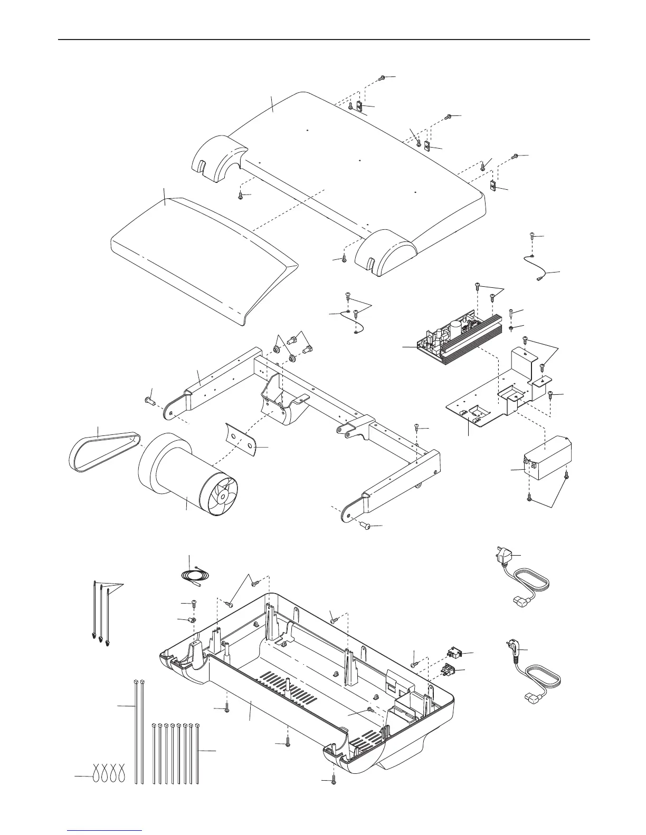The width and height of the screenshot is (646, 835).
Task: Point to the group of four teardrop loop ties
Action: (109, 772)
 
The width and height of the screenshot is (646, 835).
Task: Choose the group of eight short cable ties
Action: (175, 754)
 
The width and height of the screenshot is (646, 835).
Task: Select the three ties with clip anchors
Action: (101, 611)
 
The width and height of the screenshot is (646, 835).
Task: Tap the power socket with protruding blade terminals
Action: (448, 671)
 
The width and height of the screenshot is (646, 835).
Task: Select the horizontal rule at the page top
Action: (323, 40)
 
